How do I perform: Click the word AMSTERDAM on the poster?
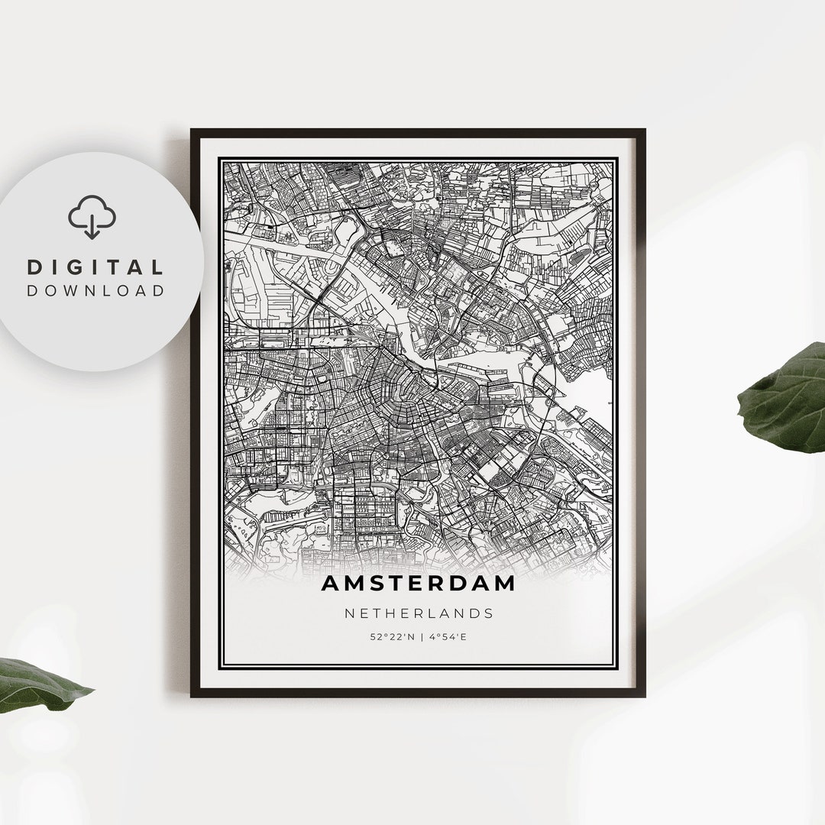(x=418, y=584)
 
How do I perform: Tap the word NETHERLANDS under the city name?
(x=418, y=613)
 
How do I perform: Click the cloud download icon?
(x=92, y=216)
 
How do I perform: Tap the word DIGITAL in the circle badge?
(x=95, y=267)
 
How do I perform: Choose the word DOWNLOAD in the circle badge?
(x=95, y=290)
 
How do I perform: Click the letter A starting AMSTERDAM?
(x=330, y=584)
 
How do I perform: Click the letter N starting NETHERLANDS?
(x=348, y=613)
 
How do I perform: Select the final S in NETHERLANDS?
(x=489, y=613)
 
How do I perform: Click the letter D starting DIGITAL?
(x=34, y=267)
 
